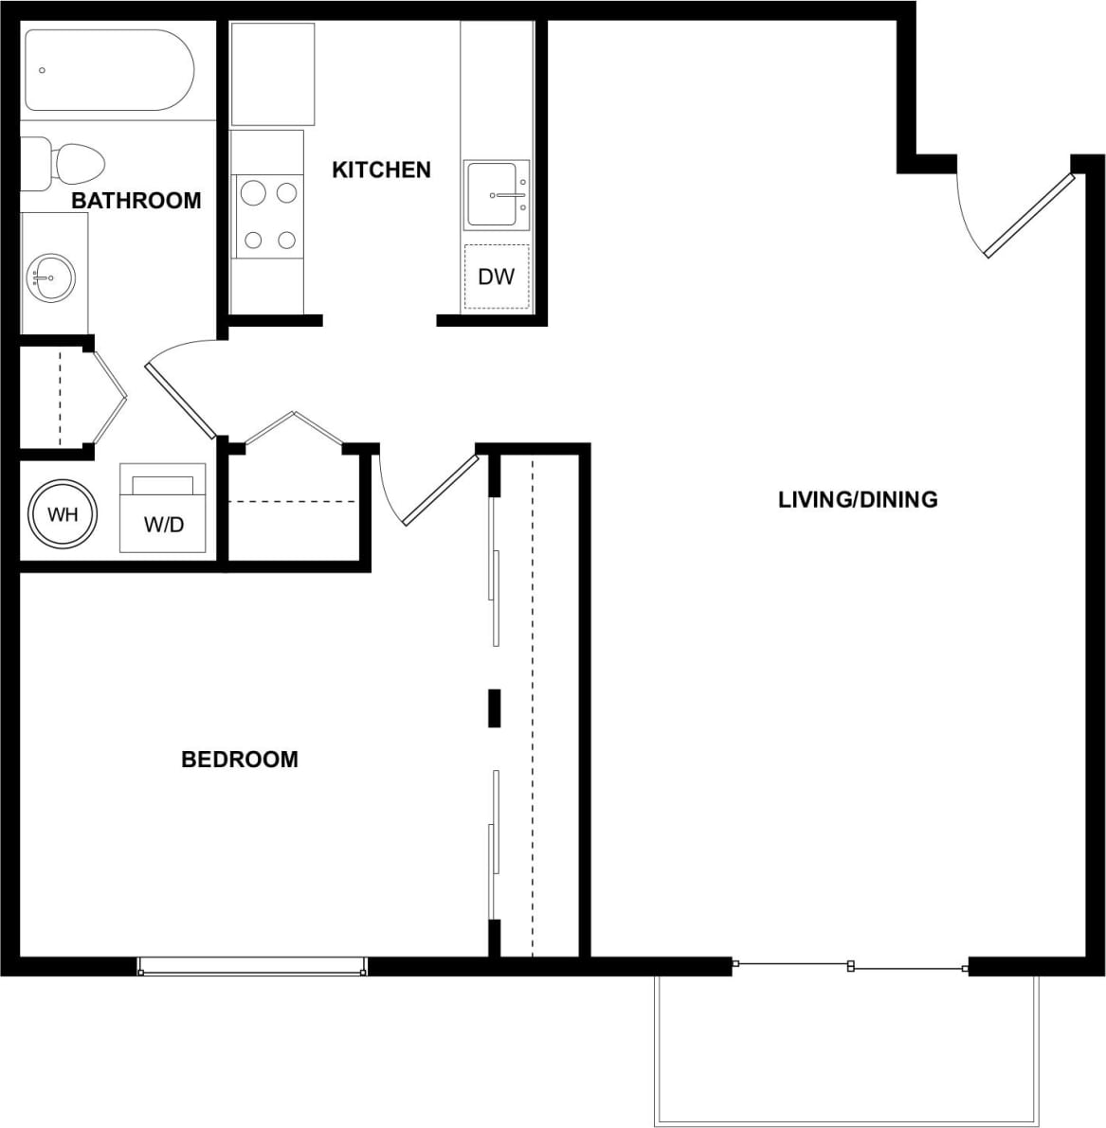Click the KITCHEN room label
(381, 170)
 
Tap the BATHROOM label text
(136, 200)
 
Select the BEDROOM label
(239, 759)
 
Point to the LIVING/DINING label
(858, 499)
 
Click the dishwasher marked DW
(497, 277)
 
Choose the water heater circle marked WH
(63, 515)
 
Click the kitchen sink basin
(494, 195)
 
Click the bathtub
(108, 71)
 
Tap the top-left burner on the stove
(252, 193)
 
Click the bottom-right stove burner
(286, 241)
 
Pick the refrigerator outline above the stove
(273, 74)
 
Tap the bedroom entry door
(441, 490)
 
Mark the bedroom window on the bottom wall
(252, 966)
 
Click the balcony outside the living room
(846, 1046)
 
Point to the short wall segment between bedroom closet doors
(494, 707)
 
